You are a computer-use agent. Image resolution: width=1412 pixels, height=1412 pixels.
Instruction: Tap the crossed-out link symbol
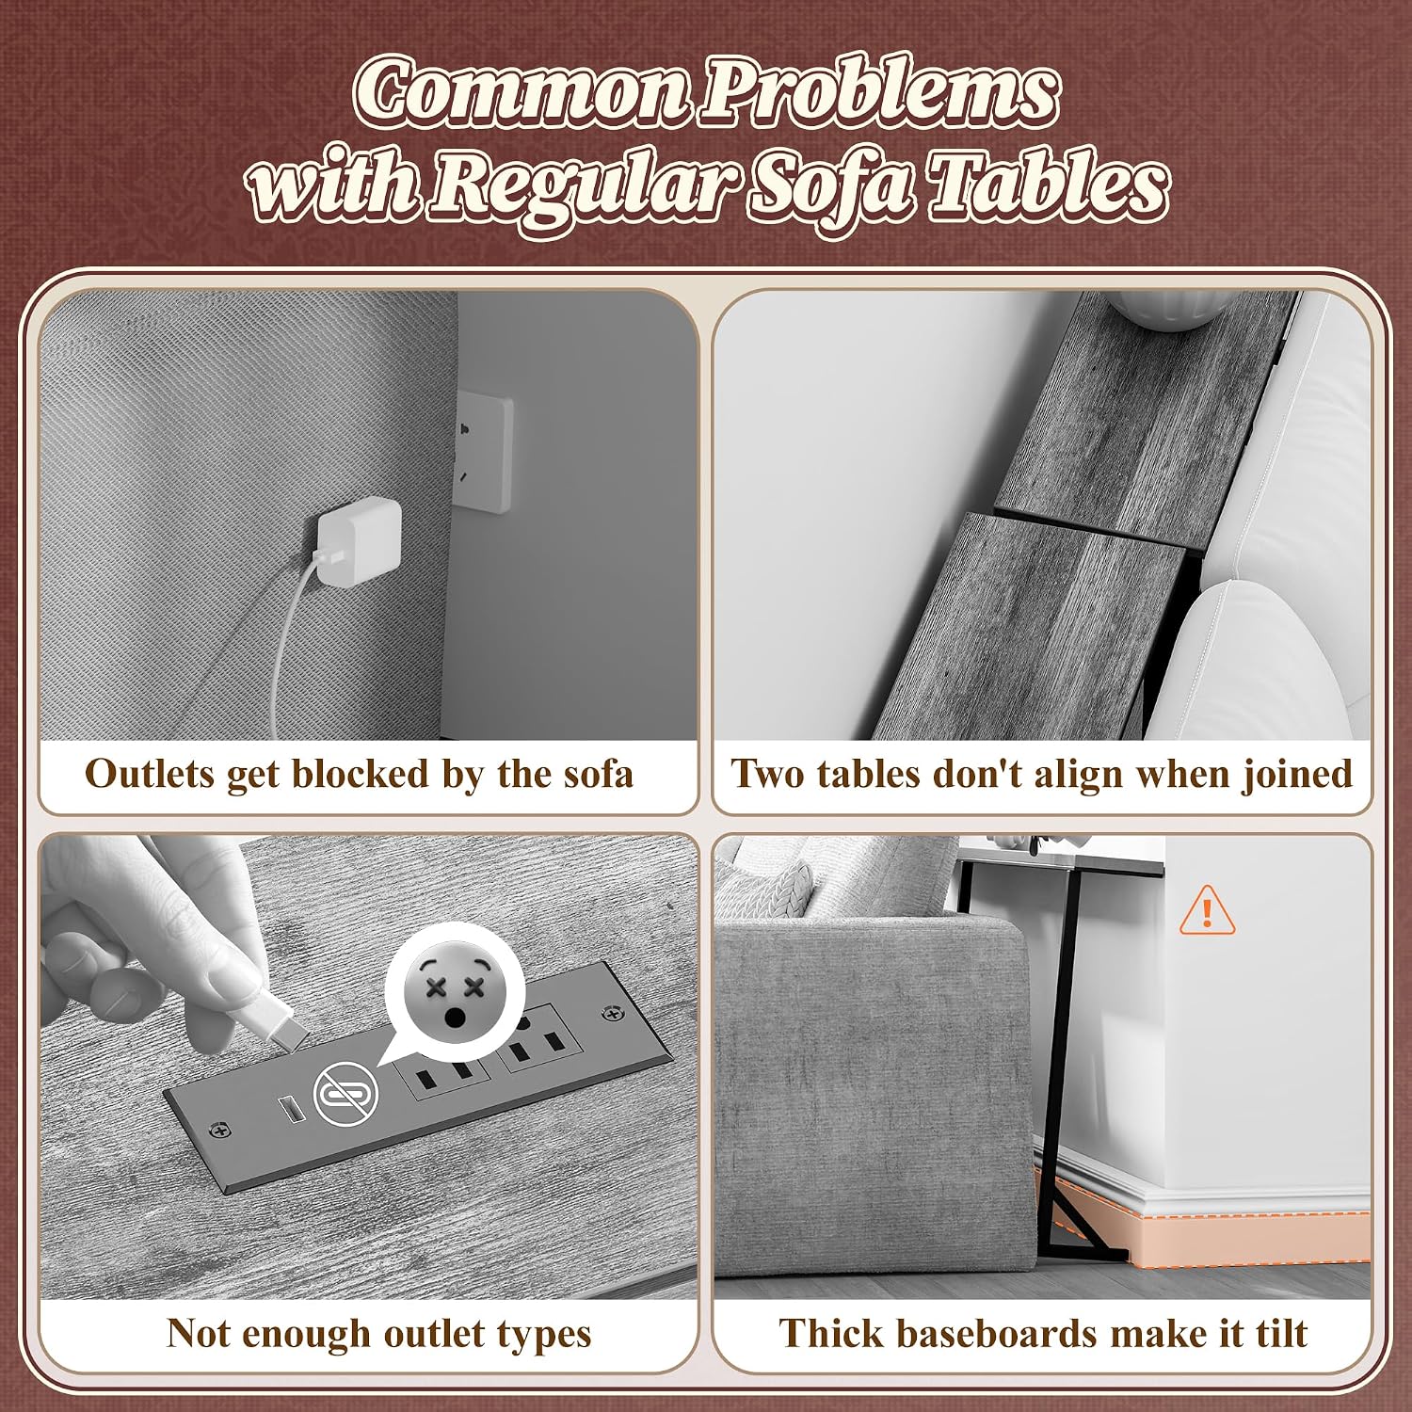pyautogui.click(x=345, y=1093)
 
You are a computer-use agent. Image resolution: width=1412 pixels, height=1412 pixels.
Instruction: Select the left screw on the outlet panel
pyautogui.click(x=220, y=1129)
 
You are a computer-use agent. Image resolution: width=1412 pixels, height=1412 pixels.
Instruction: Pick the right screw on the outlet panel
pyautogui.click(x=615, y=1014)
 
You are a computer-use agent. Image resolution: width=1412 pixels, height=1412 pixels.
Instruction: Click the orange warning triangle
pyautogui.click(x=1207, y=910)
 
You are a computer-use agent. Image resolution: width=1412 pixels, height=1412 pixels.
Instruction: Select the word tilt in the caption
pyautogui.click(x=1282, y=1334)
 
